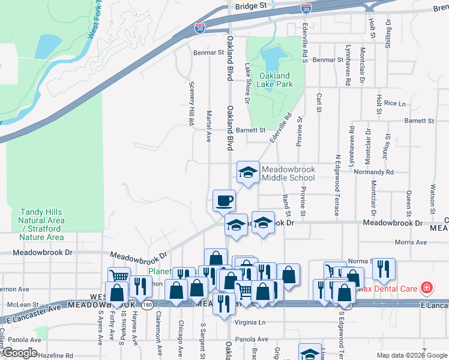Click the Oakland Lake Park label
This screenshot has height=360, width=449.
(x=275, y=80)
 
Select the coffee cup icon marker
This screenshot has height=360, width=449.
(x=224, y=200)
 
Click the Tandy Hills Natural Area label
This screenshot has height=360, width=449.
(x=42, y=224)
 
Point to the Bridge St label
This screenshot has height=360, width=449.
(x=251, y=5)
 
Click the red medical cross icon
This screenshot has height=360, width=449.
(x=427, y=288)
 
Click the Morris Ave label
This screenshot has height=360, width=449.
(x=411, y=242)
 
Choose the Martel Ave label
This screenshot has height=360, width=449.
(x=209, y=125)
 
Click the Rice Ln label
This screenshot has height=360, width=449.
(x=395, y=103)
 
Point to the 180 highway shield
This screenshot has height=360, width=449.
(x=147, y=305)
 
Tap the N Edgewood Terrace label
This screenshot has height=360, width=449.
(x=337, y=184)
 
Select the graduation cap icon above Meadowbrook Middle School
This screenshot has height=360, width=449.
(x=248, y=172)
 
